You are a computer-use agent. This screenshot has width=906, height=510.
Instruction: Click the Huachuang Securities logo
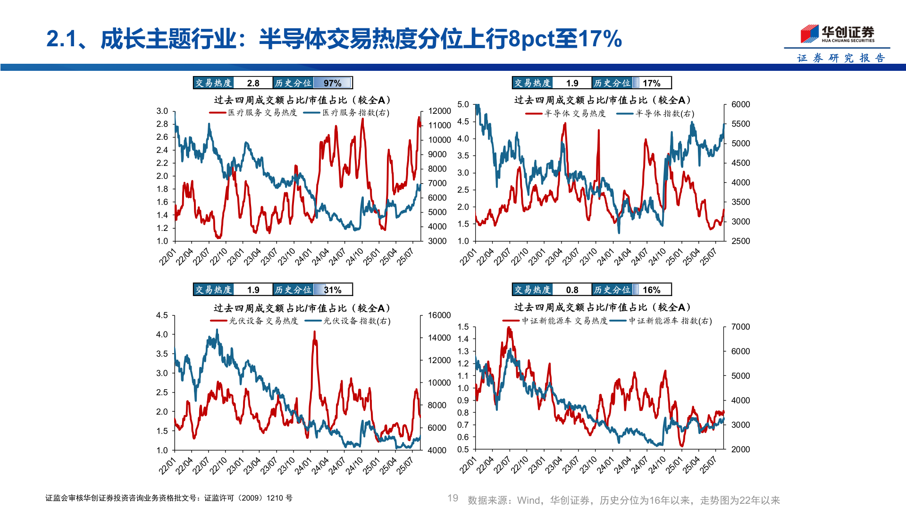click(837, 34)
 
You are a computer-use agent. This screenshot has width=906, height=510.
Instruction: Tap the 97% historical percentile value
click(333, 83)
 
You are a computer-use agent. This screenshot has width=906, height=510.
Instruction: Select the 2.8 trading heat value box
click(253, 83)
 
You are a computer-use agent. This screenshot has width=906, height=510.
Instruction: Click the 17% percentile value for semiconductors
click(651, 83)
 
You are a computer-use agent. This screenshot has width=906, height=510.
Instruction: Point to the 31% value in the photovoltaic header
click(333, 290)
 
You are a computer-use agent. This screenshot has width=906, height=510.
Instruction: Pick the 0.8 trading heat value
click(572, 290)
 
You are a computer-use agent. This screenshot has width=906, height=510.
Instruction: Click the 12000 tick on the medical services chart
click(439, 111)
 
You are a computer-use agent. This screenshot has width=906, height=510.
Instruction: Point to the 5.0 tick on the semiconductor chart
click(463, 104)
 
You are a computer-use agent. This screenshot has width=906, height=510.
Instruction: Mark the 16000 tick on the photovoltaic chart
click(439, 315)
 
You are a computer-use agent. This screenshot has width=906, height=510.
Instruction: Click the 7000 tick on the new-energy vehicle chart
click(740, 327)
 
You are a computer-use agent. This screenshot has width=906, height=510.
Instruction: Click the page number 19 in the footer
click(453, 498)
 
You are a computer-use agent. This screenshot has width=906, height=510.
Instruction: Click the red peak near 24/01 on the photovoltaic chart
click(314, 332)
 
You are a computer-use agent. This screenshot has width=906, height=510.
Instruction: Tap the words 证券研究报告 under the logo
click(841, 58)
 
